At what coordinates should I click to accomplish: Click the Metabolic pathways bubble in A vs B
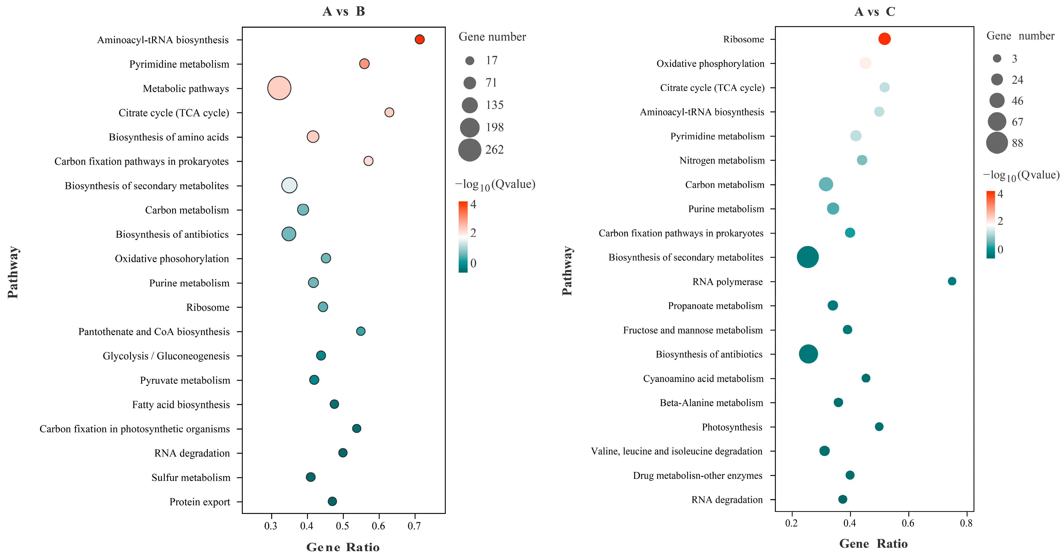coord(279,88)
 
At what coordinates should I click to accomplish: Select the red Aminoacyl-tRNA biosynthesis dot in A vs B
coord(419,39)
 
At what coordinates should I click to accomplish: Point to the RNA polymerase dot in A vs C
coord(952,281)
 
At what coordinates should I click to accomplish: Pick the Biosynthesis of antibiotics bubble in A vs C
coord(808,354)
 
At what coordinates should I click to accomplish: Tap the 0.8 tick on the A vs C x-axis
coord(966,523)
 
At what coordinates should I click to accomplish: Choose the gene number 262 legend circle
coord(470,149)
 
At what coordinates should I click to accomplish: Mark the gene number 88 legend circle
coord(997,143)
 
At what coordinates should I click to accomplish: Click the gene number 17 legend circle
coord(470,61)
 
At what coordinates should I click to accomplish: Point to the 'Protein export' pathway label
coord(200,502)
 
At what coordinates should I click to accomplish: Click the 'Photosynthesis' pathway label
coord(732,427)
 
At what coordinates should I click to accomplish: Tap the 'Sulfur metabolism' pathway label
coord(191,477)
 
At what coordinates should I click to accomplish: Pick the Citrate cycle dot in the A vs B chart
coord(389,112)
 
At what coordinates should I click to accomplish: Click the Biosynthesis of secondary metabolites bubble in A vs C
coord(807,257)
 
